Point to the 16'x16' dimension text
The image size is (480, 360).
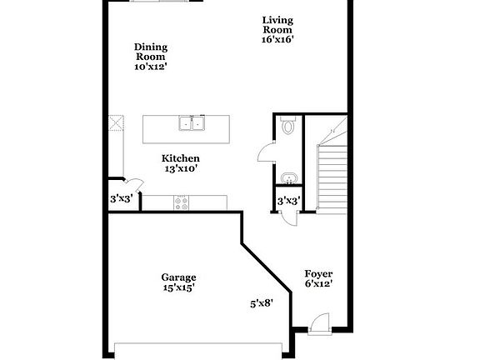pyautogui.click(x=277, y=37)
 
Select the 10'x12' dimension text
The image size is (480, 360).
pyautogui.click(x=151, y=67)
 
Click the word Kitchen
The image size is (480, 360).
pyautogui.click(x=181, y=158)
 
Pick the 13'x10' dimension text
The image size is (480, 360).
pyautogui.click(x=181, y=168)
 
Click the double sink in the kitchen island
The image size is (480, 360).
pyautogui.click(x=192, y=125)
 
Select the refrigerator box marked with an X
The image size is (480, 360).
pyautogui.click(x=114, y=125)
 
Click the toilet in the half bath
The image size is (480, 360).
pyautogui.click(x=288, y=126)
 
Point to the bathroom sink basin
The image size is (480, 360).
pyautogui.click(x=288, y=177)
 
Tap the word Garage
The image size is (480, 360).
pyautogui.click(x=178, y=277)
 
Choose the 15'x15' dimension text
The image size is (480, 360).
pyautogui.click(x=178, y=288)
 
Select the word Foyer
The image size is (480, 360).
pyautogui.click(x=318, y=272)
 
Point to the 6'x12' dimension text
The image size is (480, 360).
pyautogui.click(x=318, y=283)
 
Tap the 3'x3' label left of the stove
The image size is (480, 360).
pyautogui.click(x=122, y=199)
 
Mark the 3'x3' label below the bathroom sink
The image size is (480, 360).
pyautogui.click(x=288, y=200)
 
